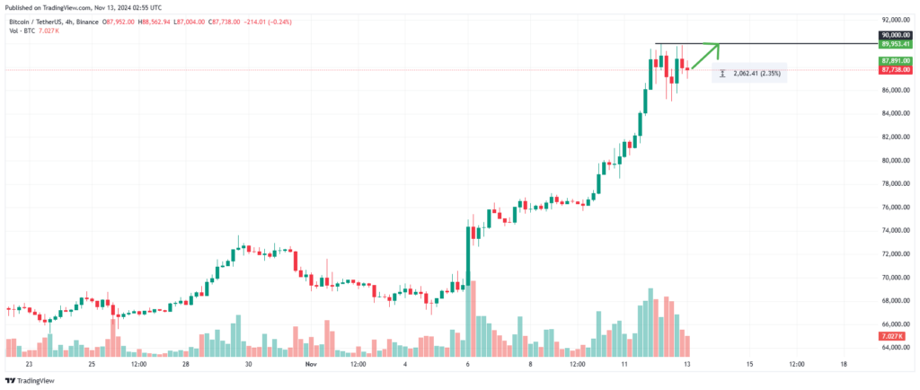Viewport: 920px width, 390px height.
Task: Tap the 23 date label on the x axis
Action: click(30, 364)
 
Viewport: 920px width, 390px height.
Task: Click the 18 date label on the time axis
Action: click(843, 364)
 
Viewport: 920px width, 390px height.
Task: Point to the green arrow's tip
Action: click(719, 44)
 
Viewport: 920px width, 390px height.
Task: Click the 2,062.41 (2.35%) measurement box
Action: click(749, 74)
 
